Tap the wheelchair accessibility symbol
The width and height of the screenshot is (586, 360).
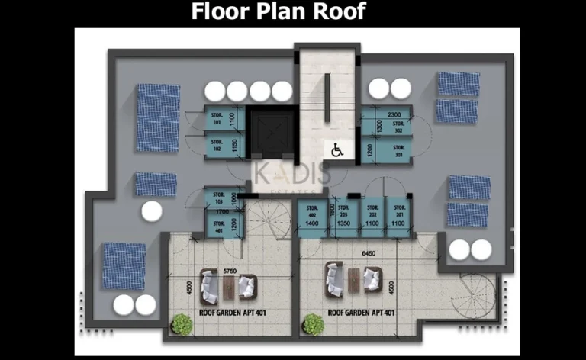pyautogui.click(x=336, y=151)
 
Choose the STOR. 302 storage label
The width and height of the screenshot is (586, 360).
pyautogui.click(x=398, y=126)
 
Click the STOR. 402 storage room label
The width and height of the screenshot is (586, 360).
pyautogui.click(x=312, y=210)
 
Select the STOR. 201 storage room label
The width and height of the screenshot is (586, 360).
pyautogui.click(x=398, y=210)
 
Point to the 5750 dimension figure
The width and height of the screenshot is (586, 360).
pyautogui.click(x=228, y=269)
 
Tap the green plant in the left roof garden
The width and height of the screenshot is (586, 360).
pyautogui.click(x=182, y=324)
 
